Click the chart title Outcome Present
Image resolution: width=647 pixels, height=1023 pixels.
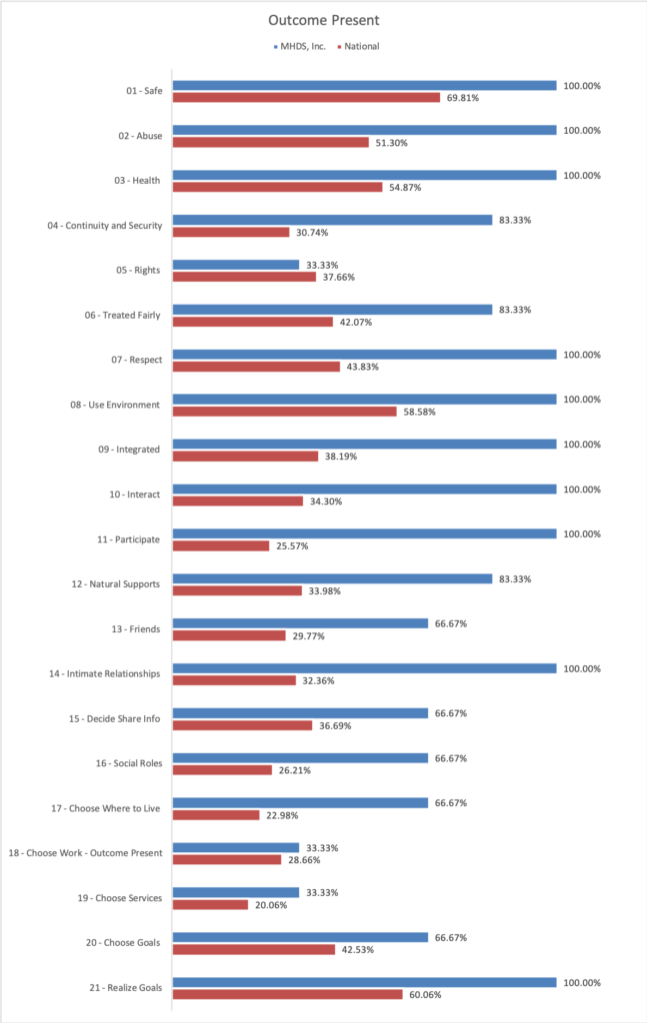(324, 20)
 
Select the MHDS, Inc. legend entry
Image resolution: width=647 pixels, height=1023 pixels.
(300, 46)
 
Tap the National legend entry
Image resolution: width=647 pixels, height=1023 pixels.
(358, 46)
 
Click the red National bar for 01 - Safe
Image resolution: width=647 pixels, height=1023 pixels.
(306, 98)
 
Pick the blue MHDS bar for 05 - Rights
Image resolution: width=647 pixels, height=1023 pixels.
(236, 265)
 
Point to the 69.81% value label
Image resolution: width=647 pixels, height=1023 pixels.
(463, 98)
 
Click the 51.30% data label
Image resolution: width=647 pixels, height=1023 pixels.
(392, 143)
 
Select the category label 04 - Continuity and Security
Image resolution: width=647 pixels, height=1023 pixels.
(104, 226)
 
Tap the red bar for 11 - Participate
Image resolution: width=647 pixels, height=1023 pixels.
(221, 546)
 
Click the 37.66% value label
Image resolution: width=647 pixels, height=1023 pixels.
(339, 278)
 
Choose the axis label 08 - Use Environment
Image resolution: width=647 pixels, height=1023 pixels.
(115, 406)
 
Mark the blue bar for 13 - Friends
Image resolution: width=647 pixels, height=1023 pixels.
(300, 623)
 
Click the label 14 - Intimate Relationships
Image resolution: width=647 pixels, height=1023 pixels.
(104, 674)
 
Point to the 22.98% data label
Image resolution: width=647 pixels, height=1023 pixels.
(282, 815)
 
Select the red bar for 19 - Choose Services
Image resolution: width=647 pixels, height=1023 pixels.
(210, 905)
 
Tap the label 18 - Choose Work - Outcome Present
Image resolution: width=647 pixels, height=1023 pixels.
(86, 853)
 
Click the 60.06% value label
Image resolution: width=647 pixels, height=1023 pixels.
(425, 995)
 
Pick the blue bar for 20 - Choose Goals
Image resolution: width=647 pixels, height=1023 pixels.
(300, 937)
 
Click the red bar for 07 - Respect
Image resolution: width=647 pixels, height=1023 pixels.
(257, 367)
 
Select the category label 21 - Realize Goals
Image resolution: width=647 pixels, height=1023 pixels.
(125, 988)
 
